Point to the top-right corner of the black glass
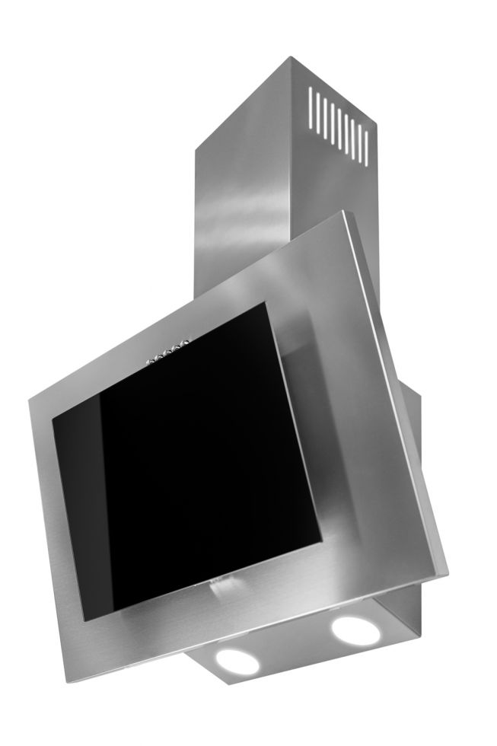(x=266, y=303)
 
